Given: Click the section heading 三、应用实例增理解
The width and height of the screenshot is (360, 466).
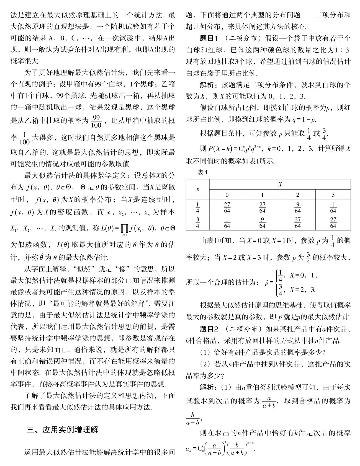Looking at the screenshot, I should (x=62, y=430).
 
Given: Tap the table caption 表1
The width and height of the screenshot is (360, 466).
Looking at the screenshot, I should (x=202, y=172).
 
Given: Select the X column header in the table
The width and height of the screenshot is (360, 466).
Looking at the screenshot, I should (x=280, y=184).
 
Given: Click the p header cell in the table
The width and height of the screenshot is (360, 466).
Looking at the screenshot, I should (x=198, y=190).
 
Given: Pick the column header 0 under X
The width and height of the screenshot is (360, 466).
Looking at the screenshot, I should (x=227, y=195).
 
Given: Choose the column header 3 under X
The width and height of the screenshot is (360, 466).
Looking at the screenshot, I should (x=333, y=195).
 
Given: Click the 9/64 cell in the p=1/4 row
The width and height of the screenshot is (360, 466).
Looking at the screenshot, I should (x=297, y=208).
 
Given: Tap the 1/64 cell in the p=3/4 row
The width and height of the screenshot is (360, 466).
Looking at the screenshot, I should (x=227, y=222).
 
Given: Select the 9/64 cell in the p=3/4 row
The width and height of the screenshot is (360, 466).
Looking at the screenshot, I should (x=262, y=222).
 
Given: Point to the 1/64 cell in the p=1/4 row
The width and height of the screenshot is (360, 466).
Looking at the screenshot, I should (x=333, y=208).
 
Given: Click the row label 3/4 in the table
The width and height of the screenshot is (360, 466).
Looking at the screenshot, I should (x=198, y=222).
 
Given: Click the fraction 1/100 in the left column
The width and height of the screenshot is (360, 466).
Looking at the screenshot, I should (x=25, y=138).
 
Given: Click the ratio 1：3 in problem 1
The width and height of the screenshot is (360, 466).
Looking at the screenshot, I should (x=343, y=50).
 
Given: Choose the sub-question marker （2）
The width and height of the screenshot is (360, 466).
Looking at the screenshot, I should (x=205, y=364).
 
